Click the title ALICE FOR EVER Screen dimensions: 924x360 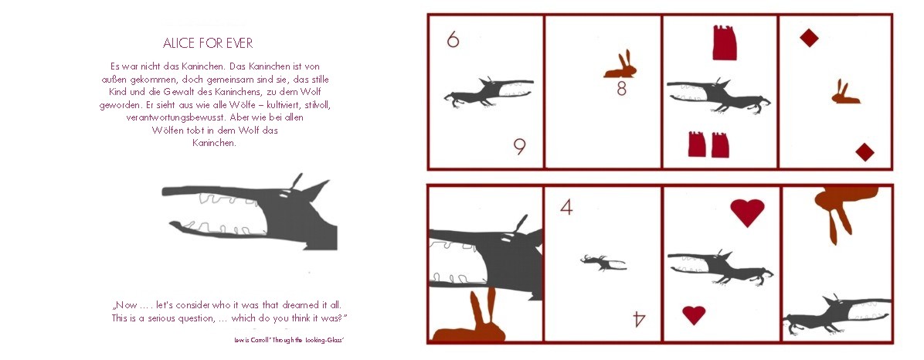point(208,43)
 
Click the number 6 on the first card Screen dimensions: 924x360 point(453,39)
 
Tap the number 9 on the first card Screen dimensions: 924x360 point(519,146)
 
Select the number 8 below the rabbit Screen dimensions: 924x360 point(621,89)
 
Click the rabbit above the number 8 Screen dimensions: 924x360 point(620,65)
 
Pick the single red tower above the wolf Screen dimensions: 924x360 point(724,42)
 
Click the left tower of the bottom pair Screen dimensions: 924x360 point(697,144)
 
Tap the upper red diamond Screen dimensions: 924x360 point(809,39)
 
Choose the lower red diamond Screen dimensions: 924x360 point(865,152)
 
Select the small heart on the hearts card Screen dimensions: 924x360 point(695,314)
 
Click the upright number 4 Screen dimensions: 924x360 point(566,207)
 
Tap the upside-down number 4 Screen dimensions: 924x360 point(639,319)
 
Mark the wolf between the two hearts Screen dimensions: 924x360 point(721,267)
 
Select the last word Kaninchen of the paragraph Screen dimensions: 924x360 point(215,143)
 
